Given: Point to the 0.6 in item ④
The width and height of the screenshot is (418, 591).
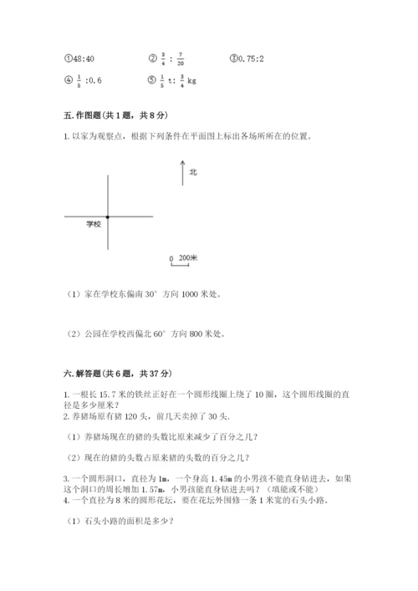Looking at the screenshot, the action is coord(93,81).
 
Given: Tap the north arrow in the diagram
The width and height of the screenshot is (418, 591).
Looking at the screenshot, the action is coord(182,173).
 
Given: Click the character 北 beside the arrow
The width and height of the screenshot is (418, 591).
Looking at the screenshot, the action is coord(193,172).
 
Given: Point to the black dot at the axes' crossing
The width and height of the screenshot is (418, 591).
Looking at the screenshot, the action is coord(108,217).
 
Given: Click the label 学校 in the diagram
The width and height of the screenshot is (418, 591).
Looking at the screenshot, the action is coord(93,225).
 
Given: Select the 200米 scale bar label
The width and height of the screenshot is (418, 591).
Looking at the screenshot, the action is coord(188,258).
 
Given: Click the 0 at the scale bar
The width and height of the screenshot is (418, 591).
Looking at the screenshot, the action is coord(171,259).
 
